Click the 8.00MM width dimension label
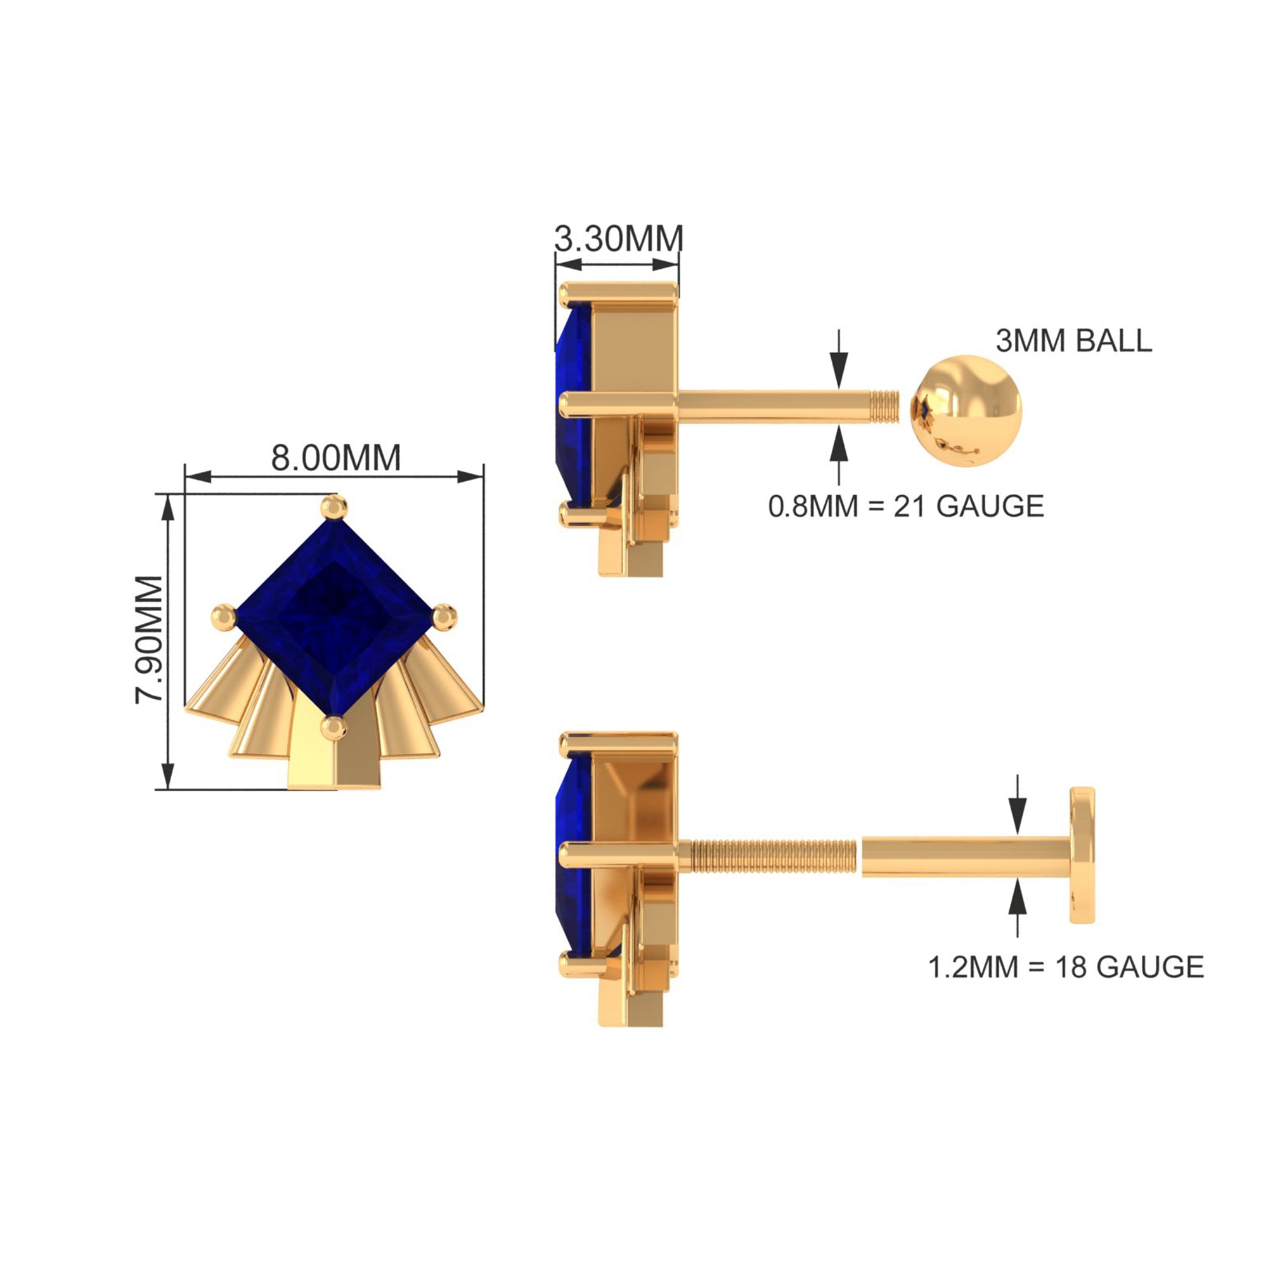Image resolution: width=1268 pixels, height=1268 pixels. coord(335,458)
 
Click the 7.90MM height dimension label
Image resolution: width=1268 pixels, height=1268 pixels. coord(149,640)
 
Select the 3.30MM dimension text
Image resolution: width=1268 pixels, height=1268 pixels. coord(618,238)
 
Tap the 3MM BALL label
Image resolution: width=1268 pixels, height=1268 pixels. coord(1074,340)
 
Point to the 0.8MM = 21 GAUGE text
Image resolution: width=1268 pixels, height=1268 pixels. coord(907,506)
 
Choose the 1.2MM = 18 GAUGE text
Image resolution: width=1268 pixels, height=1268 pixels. coord(1066,967)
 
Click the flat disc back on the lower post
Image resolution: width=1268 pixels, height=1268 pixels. coord(1082,855)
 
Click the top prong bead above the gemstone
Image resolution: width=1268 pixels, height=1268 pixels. coord(334,507)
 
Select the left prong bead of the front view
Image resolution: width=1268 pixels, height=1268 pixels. coord(224,618)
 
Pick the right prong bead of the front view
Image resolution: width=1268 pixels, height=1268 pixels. coord(444,617)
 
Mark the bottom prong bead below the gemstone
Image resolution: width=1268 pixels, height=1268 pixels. coord(334,728)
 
